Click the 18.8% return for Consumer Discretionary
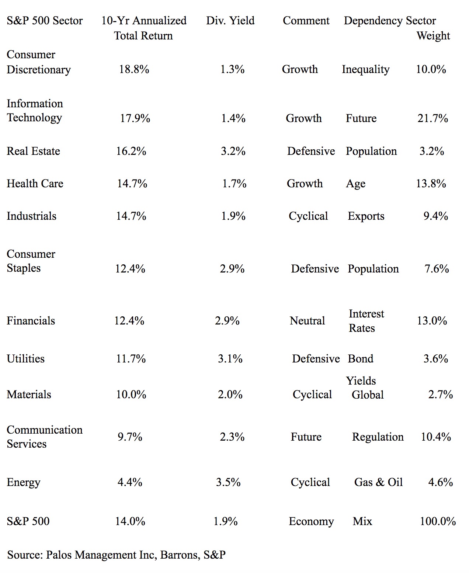coord(134,69)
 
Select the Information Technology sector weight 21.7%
coord(432,118)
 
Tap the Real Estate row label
coord(33,151)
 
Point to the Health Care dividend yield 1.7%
coord(234,184)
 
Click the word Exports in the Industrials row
coord(366,216)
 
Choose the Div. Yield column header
coord(230,21)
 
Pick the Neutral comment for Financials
coord(307,321)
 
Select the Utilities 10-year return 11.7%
coord(131,359)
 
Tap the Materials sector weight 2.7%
coord(440,395)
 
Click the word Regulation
coord(378,437)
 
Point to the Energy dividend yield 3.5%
coord(228,482)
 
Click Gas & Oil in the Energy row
coord(378,482)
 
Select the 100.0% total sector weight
coord(438,521)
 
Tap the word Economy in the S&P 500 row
coord(311,521)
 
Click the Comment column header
coord(306,21)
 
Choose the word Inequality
coord(365,69)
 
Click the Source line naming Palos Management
coord(116,555)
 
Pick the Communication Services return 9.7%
coord(130,437)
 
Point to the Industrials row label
coord(31,216)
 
